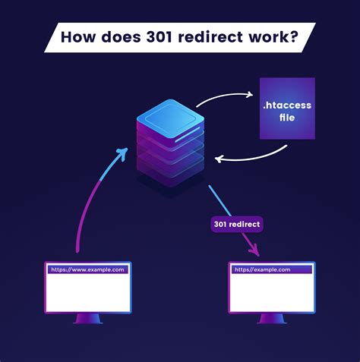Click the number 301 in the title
click(166, 37)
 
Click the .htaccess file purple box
click(287, 109)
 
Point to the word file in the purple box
click(288, 119)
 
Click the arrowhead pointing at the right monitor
click(255, 250)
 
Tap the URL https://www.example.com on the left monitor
click(85, 269)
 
